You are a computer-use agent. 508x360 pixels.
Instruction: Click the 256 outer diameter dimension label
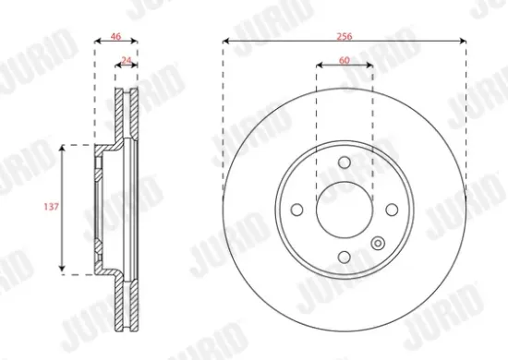pos(344,35)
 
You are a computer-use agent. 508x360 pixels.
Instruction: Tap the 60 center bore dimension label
pos(344,60)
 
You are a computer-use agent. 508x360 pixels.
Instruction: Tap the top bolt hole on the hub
pos(344,163)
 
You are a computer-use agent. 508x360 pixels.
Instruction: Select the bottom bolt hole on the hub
pos(344,257)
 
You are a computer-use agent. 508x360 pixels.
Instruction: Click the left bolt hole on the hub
pos(296,210)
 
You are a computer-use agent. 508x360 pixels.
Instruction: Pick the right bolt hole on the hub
pos(390,210)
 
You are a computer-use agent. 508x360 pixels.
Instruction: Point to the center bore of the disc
pos(344,210)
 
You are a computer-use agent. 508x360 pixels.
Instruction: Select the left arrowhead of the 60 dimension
pos(320,66)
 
